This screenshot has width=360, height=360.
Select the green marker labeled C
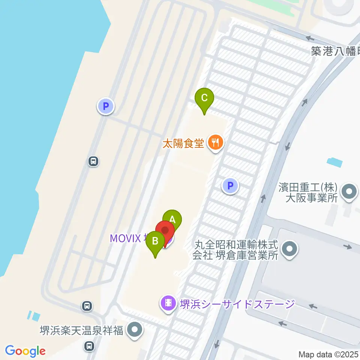coord(204,99)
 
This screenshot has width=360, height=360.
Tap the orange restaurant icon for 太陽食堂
coord(215,143)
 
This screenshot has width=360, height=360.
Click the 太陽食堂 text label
coord(183,143)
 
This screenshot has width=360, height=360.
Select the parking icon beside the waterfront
coord(106,106)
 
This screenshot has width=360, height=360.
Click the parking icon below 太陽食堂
coord(230,186)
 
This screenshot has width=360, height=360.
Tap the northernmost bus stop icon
coord(93,162)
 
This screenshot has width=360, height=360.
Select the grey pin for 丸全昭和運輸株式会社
coord(289,250)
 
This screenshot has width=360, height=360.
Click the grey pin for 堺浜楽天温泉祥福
coord(135,330)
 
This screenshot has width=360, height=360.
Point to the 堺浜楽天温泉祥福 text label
coord(82,331)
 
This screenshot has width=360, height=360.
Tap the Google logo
coord(25,351)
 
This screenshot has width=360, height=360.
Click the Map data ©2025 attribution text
coord(328,354)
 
